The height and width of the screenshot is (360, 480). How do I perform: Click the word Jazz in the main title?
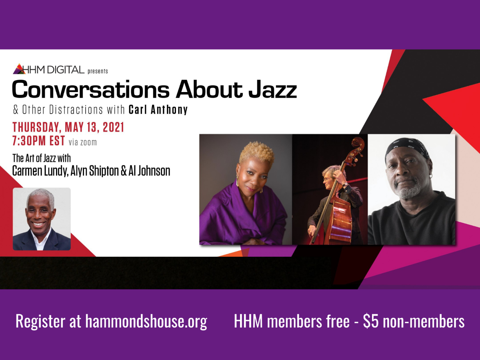click(x=272, y=89)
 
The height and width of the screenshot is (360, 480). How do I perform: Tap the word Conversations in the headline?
click(x=91, y=89)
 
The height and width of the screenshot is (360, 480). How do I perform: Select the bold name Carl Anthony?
click(x=158, y=110)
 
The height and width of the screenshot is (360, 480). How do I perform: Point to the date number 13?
click(x=92, y=127)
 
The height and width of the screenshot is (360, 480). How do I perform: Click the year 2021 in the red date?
click(x=113, y=127)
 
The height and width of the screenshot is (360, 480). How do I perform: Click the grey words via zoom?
click(x=83, y=142)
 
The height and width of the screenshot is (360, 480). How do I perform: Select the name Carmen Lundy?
click(x=39, y=171)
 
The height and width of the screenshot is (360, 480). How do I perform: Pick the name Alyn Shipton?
click(x=94, y=171)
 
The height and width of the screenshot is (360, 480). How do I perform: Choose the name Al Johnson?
click(x=149, y=171)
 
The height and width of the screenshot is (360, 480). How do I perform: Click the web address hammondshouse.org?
click(x=146, y=321)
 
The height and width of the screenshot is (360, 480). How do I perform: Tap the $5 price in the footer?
click(x=371, y=321)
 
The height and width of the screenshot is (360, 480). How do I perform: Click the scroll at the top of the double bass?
click(x=358, y=143)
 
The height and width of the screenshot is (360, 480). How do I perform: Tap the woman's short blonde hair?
click(x=256, y=152)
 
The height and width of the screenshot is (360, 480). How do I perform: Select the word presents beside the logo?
click(x=98, y=72)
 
